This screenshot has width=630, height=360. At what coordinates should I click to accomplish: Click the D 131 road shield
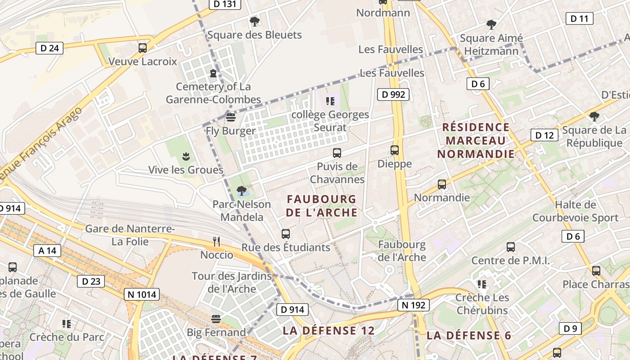pyautogui.click(x=225, y=4)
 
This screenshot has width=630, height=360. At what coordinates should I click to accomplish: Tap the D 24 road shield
pyautogui.click(x=49, y=48)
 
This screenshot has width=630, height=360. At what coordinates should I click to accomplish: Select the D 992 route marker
pyautogui.click(x=394, y=94)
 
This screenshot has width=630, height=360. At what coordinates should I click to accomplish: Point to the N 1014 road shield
pyautogui.click(x=142, y=295)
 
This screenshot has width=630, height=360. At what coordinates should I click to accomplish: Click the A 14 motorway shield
pyautogui.click(x=47, y=251)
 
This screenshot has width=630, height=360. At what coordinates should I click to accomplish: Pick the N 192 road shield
pyautogui.click(x=414, y=305)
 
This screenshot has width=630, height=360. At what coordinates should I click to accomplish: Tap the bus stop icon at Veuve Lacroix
pyautogui.click(x=143, y=48)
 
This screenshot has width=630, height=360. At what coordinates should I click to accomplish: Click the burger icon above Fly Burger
pyautogui.click(x=231, y=117)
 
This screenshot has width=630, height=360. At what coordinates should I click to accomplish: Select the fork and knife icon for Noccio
pyautogui.click(x=216, y=242)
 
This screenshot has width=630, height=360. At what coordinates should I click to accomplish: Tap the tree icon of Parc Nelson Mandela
pyautogui.click(x=242, y=191)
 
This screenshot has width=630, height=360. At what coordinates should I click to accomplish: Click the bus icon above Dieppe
pyautogui.click(x=395, y=150)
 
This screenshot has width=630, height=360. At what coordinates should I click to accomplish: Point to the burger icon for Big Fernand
pyautogui.click(x=216, y=319)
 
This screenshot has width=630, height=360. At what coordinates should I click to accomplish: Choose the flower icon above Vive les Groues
pyautogui.click(x=185, y=157)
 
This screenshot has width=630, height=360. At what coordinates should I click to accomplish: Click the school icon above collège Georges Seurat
pyautogui.click(x=330, y=101)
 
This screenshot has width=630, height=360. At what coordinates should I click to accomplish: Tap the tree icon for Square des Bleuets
pyautogui.click(x=254, y=21)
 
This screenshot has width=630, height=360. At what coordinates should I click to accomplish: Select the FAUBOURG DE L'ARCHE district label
pyautogui.click(x=321, y=206)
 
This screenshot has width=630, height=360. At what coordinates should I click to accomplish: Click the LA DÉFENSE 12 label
pyautogui.click(x=328, y=331)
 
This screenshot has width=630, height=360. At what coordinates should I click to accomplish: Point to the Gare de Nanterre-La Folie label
pyautogui.click(x=130, y=235)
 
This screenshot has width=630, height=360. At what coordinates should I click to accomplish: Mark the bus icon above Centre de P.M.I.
pyautogui.click(x=511, y=247)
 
